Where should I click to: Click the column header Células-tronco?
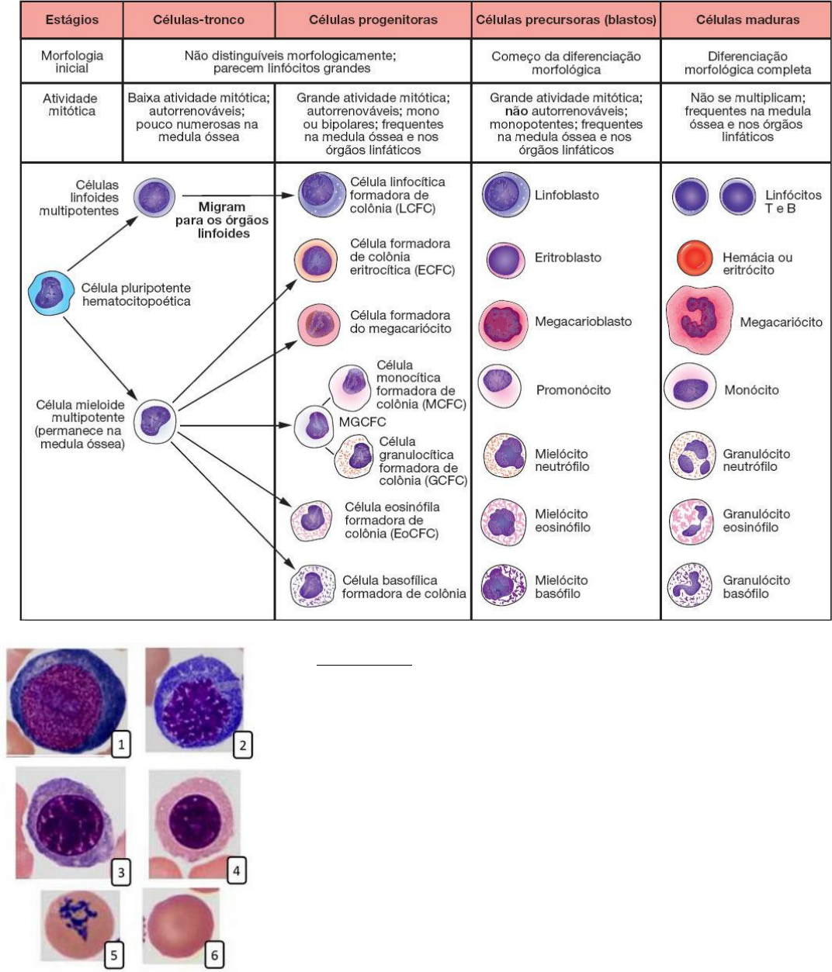[199, 19]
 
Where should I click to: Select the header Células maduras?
[747, 19]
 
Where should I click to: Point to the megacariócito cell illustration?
[699, 317]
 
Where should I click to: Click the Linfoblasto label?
[567, 195]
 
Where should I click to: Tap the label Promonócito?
[573, 390]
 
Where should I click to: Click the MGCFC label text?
[363, 423]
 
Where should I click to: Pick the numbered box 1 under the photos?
[120, 745]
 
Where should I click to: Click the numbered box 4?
[236, 870]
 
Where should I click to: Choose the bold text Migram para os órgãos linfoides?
[223, 220]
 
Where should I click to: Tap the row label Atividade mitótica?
[71, 105]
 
